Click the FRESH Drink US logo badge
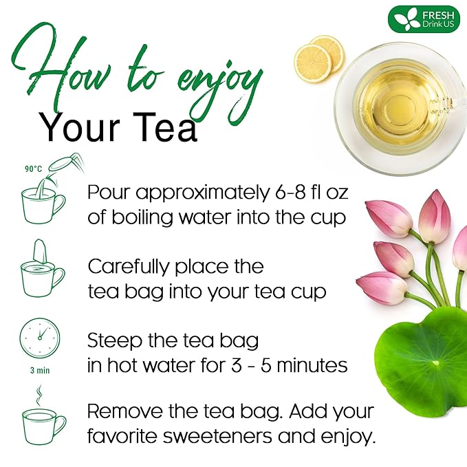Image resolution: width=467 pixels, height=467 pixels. click(x=424, y=19)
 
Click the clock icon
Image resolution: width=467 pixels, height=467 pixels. click(x=40, y=337)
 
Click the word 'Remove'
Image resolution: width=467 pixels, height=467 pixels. click(x=124, y=413)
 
